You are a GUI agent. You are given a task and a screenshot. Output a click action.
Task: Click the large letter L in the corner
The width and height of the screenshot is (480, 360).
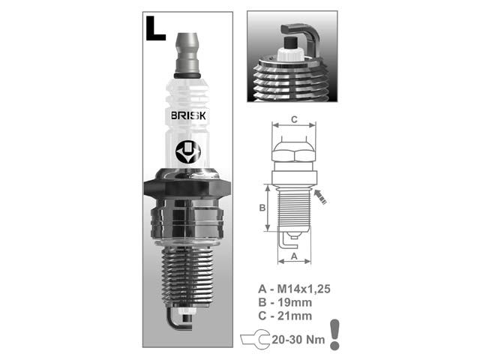pyautogui.click(x=155, y=28)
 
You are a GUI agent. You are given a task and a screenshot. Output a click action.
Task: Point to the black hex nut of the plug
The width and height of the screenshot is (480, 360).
pyautogui.click(x=187, y=187)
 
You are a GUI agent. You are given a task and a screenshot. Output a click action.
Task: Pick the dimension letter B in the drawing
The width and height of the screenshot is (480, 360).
pyautogui.click(x=262, y=208)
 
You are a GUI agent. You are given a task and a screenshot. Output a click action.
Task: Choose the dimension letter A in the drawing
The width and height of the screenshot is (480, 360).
pyautogui.click(x=293, y=255)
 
